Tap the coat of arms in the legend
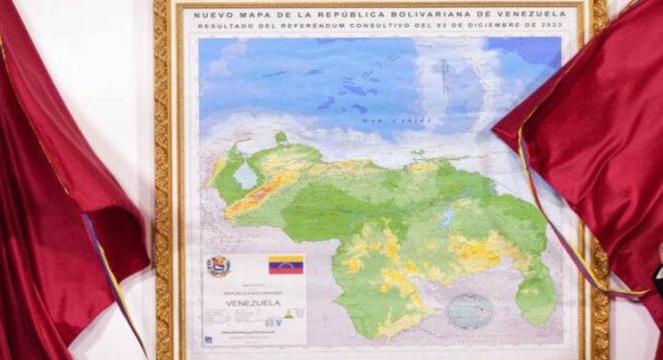(218, 266)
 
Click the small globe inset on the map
(470, 310)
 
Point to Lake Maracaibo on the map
(245, 176)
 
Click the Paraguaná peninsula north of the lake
(281, 140)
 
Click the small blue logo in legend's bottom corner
(208, 338)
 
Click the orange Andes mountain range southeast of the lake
(259, 195)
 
